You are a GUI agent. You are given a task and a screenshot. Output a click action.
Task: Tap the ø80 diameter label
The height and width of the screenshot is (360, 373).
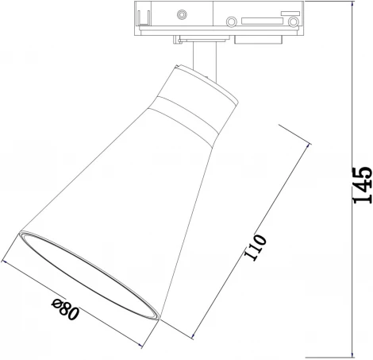65,307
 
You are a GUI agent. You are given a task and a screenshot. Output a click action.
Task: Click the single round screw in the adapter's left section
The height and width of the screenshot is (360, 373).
183,14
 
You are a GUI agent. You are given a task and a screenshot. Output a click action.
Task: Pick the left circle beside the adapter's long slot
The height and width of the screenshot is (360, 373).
232,21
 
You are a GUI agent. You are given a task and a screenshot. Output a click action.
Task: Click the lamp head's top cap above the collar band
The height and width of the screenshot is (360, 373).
203,84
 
